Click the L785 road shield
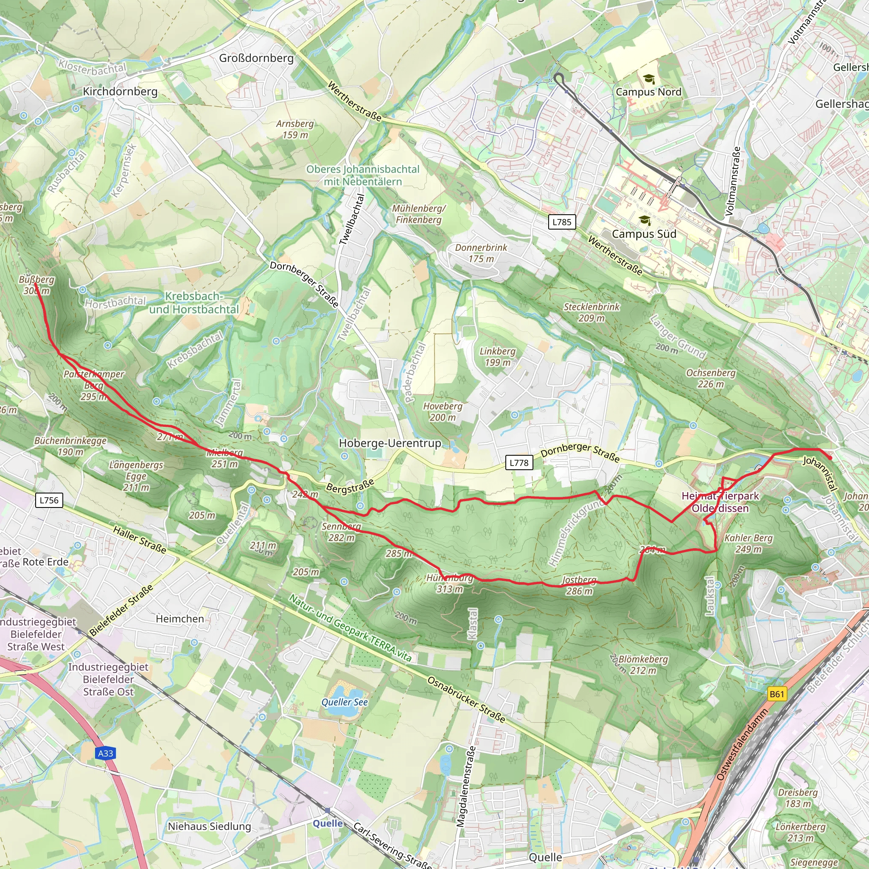pos(562,222)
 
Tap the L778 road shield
pos(519,463)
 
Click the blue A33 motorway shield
pos(106,753)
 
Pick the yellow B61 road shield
pos(776,694)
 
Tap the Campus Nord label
pos(648,92)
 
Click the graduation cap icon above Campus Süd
pos(645,220)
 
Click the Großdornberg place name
pos(256,58)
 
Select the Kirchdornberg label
pos(120,91)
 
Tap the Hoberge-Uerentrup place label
pos(390,443)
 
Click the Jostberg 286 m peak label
pos(579,586)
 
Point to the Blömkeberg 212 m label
pos(643,665)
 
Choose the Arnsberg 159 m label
pos(295,129)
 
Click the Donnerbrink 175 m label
pos(481,253)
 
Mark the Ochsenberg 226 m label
pos(711,378)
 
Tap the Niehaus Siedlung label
pos(209,826)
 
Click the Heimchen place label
pos(179,619)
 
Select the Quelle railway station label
pos(328,823)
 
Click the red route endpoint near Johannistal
pos(830,458)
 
